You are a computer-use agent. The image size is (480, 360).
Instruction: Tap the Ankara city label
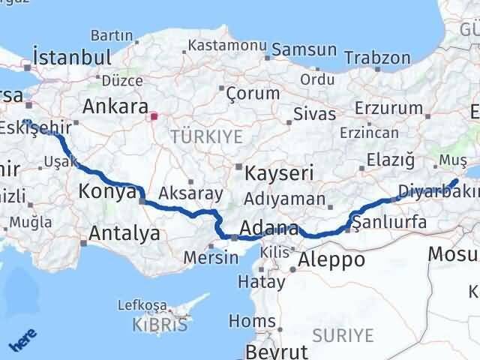(x=114, y=106)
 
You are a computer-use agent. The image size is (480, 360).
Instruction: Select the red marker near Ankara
(x=154, y=116)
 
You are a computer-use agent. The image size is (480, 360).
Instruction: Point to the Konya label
(x=106, y=193)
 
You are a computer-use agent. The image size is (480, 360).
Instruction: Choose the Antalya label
(x=124, y=234)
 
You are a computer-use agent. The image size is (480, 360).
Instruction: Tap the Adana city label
(x=268, y=228)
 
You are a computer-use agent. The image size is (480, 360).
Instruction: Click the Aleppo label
(x=331, y=259)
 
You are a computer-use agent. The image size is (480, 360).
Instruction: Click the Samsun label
(x=304, y=50)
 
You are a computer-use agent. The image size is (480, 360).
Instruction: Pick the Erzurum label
(x=389, y=108)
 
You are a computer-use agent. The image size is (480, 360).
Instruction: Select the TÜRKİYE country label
(x=207, y=136)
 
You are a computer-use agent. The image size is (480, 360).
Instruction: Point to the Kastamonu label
(x=228, y=45)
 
